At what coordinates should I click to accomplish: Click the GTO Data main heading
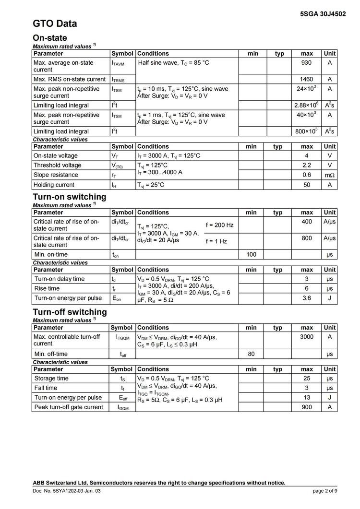pos(55,24)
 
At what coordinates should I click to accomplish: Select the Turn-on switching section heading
pos(70,197)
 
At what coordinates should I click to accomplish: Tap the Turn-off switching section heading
pos(70,312)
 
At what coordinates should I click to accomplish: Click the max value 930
pos(306,63)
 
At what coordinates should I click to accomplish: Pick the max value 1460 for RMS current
pos(306,79)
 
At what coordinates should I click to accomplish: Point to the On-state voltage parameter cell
pos(55,155)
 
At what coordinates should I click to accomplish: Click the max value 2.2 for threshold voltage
pos(306,165)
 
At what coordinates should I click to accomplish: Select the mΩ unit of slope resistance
pos(330,175)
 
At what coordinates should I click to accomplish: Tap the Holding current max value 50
pos(306,185)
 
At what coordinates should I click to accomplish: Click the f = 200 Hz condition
pos(219,225)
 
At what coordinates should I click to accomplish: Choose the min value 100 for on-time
pos(251,255)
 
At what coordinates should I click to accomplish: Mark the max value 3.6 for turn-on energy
pos(306,298)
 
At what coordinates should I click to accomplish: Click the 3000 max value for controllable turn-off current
pos(306,337)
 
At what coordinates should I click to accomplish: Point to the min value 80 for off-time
pos(251,354)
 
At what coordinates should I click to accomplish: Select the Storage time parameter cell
pos(51,379)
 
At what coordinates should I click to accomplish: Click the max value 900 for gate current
pos(306,407)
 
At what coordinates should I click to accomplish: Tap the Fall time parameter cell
pos(46,388)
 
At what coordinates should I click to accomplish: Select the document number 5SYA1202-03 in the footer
pos(72,491)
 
